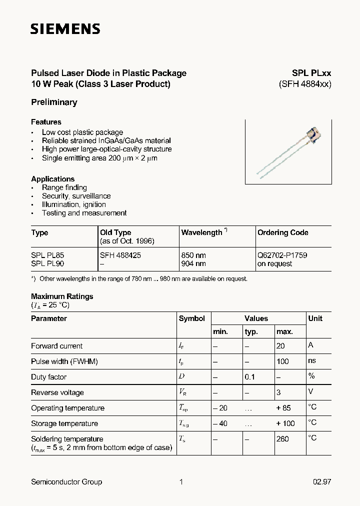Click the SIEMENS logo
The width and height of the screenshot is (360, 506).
(x=65, y=29)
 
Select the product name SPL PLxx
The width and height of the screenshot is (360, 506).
(x=311, y=73)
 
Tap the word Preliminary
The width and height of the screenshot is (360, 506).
(x=54, y=102)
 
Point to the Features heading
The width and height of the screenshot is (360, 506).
(x=46, y=122)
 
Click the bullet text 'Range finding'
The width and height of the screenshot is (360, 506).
(x=64, y=187)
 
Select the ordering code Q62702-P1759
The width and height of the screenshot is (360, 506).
(x=282, y=255)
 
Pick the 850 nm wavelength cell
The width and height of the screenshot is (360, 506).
(x=193, y=255)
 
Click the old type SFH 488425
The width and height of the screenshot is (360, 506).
(x=120, y=255)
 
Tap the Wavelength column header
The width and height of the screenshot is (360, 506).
(x=202, y=232)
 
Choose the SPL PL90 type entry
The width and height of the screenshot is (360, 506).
(x=47, y=263)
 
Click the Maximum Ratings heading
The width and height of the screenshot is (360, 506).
(x=62, y=296)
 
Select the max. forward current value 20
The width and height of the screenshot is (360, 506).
(x=280, y=346)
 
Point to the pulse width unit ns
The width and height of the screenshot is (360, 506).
(x=312, y=360)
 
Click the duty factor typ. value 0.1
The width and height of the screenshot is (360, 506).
(x=250, y=377)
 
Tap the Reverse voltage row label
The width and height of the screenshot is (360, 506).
(x=57, y=392)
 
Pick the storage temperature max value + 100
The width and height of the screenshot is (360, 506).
(x=285, y=423)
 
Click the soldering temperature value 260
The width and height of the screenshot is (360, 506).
(x=282, y=439)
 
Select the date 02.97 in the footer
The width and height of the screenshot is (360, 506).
(x=322, y=482)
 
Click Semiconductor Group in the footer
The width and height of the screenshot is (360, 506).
(x=66, y=482)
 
